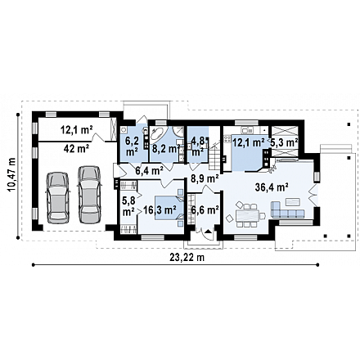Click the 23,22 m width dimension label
click(x=187, y=258)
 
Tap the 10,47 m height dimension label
click(x=11, y=175)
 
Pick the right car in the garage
click(x=89, y=195)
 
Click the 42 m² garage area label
click(x=76, y=149)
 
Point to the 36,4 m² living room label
click(x=272, y=187)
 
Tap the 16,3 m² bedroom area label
click(x=160, y=210)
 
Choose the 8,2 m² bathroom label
click(x=166, y=149)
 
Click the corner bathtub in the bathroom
click(x=156, y=134)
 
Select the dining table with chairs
click(x=248, y=214)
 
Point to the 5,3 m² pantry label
click(x=284, y=142)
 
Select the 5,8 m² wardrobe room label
click(x=128, y=206)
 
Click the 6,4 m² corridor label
click(x=150, y=171)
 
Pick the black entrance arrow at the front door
click(x=208, y=232)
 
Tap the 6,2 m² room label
click(x=131, y=146)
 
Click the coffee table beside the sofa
click(x=293, y=202)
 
